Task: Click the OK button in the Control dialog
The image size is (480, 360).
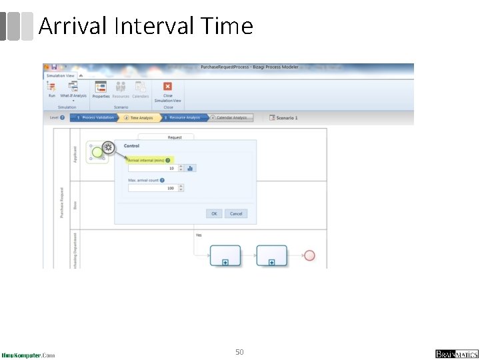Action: pyautogui.click(x=214, y=213)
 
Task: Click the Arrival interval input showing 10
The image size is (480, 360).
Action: pyautogui.click(x=152, y=168)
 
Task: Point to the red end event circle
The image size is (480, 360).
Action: pyautogui.click(x=309, y=255)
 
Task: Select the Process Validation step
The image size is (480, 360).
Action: pyautogui.click(x=95, y=117)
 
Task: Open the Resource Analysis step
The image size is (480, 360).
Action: pyautogui.click(x=182, y=117)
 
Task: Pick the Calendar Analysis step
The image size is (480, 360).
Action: pyautogui.click(x=231, y=117)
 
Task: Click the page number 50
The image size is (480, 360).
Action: pyautogui.click(x=239, y=351)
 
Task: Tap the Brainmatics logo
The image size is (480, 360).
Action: pyautogui.click(x=457, y=354)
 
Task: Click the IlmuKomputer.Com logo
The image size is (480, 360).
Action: pyautogui.click(x=28, y=355)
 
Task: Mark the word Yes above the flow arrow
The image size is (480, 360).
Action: pyautogui.click(x=199, y=235)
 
